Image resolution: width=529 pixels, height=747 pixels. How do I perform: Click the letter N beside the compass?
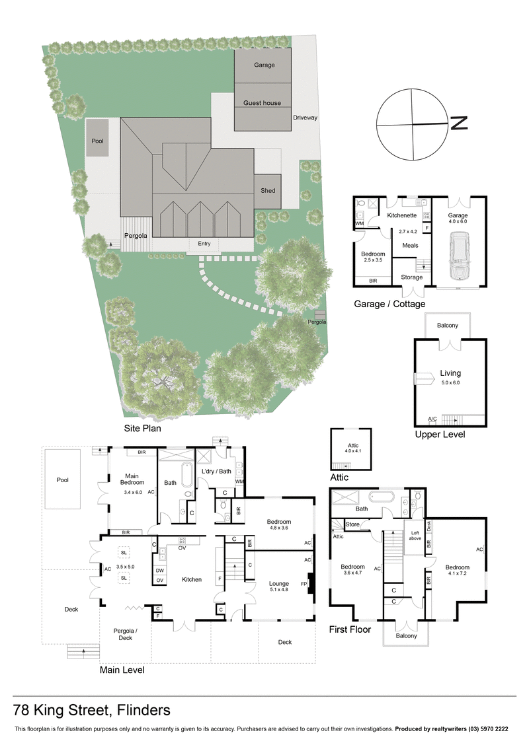459,123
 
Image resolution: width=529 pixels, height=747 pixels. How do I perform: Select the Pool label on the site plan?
97,141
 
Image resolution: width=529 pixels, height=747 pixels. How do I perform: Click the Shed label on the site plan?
268,191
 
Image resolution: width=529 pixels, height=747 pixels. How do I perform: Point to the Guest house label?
262,103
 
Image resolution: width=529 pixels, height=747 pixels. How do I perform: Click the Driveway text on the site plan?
305,118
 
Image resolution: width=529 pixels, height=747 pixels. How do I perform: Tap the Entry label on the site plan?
204,244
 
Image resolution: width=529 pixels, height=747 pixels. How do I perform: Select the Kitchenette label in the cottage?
401,216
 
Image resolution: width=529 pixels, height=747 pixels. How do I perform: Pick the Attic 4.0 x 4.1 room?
350,448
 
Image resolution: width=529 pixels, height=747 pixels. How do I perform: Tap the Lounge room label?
278,584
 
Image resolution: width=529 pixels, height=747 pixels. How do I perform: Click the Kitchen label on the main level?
192,580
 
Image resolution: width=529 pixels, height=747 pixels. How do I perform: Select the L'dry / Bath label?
216,471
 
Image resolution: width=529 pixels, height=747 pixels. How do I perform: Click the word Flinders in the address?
143,711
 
